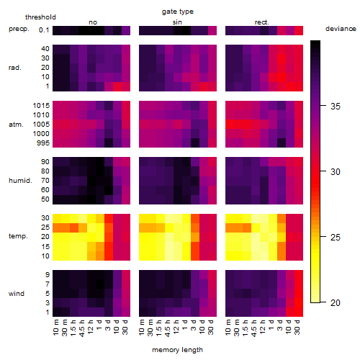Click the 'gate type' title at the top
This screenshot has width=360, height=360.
pos(178,12)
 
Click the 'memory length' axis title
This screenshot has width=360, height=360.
pos(177,350)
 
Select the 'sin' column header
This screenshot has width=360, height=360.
pos(177,22)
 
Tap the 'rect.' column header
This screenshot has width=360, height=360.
pos(261,22)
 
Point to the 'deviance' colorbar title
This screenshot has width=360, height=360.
pos(341,29)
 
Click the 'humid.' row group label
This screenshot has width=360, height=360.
pos(20,181)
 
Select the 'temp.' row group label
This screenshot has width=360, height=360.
pos(18,236)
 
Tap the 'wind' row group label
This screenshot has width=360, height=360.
pos(17,294)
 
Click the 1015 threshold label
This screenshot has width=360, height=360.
pos(41,106)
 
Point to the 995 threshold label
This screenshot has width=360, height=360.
pos(43,143)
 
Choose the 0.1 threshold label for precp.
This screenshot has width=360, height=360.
pos(44,30)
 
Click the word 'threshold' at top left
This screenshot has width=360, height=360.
pos(40,17)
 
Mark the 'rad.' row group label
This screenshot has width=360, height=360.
pos(15,68)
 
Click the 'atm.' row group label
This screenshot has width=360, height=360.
pos(16,125)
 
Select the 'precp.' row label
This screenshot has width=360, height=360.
pos(19,29)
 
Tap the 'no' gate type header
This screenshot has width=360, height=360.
pos(93,22)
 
